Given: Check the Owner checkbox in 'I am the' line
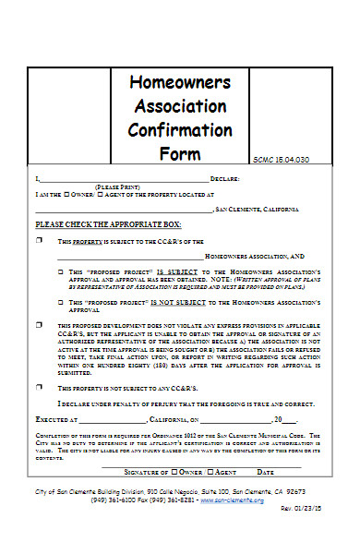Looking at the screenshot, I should click(66, 195).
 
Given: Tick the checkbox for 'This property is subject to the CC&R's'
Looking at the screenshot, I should click(39, 241).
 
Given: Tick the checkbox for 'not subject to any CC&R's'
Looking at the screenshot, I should click(39, 388).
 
